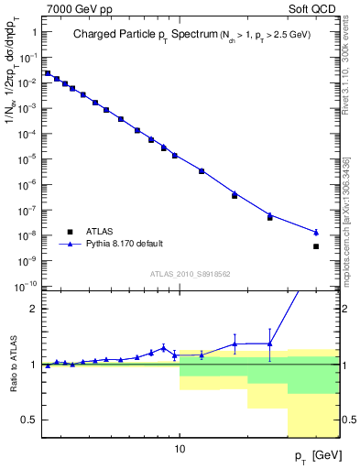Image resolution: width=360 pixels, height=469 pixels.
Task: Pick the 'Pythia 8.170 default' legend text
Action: (125, 244)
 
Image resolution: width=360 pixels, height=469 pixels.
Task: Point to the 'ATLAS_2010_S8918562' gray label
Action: (191, 273)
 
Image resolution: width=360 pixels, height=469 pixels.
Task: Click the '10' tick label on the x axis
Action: (180, 450)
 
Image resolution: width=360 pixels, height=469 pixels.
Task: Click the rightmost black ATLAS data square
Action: (316, 246)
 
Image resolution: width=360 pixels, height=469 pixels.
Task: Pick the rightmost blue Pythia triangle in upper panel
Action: (316, 233)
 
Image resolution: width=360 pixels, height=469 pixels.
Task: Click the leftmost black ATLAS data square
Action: (48, 73)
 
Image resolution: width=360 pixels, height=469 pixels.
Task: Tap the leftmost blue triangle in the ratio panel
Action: (48, 365)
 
